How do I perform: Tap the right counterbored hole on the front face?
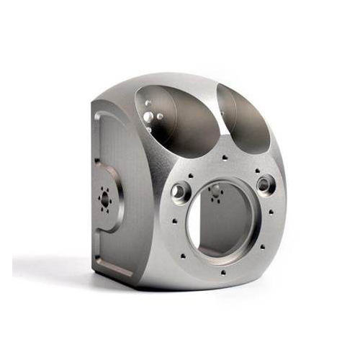tap(266, 185)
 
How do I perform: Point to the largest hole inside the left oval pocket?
tap(148, 117)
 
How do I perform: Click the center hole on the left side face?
tap(105, 200)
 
